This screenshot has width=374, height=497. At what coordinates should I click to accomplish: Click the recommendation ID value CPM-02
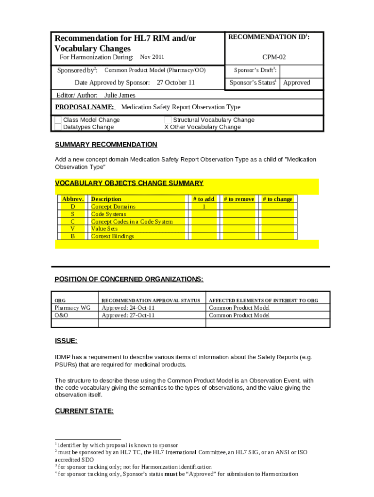click(x=274, y=57)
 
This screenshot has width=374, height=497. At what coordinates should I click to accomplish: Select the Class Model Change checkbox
click(x=58, y=120)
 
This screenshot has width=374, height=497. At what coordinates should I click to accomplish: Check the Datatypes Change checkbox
click(x=58, y=127)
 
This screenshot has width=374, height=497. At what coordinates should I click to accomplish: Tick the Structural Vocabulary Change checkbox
click(x=168, y=120)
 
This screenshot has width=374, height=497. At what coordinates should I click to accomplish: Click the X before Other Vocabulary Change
click(x=166, y=127)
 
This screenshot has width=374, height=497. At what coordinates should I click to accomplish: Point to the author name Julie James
click(x=120, y=96)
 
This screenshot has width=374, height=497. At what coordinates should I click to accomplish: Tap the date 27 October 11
click(x=175, y=83)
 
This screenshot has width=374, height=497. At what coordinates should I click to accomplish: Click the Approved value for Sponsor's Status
click(x=296, y=83)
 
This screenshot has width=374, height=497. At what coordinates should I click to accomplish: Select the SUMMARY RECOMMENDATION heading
click(x=106, y=145)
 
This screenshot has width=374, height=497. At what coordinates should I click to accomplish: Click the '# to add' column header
click(x=204, y=199)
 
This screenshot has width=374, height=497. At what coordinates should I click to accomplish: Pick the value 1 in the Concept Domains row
click(x=204, y=207)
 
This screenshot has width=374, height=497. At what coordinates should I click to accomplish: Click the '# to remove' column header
click(x=238, y=199)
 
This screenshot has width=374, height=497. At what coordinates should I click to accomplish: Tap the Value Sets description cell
click(x=104, y=229)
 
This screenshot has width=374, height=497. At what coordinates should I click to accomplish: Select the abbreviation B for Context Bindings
click(x=73, y=236)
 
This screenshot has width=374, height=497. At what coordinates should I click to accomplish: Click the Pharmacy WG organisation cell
click(x=72, y=308)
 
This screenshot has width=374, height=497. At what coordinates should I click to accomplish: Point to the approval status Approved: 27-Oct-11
click(x=128, y=315)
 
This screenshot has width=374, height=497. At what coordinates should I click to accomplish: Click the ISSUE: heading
click(x=66, y=341)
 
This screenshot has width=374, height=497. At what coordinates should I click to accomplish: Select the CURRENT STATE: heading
click(x=84, y=411)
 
